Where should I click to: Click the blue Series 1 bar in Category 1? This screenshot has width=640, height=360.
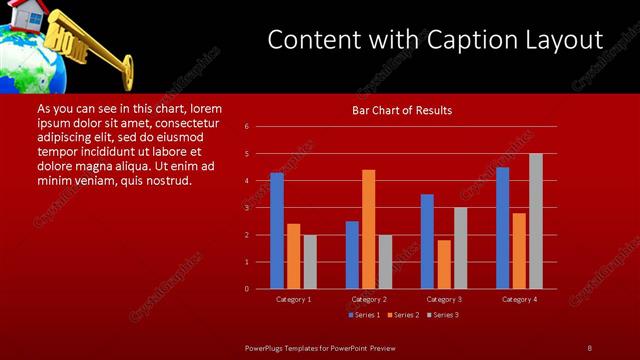pos(277,231)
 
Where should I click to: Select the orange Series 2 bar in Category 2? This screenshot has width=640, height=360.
pos(369,229)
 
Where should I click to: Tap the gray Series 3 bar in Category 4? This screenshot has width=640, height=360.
pos(536,221)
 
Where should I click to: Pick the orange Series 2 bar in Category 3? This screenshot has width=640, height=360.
pos(444,264)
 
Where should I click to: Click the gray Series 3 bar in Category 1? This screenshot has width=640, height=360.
pos(310,262)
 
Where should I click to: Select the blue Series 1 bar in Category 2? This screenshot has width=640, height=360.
pos(352,255)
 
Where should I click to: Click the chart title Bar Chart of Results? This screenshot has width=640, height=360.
pos(402,110)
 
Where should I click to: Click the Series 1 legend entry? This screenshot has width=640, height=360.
pos(363,315)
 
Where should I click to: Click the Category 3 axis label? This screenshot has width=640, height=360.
pos(444,299)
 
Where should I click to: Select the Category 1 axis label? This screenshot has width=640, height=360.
pos(293,299)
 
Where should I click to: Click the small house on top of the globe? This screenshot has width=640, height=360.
pos(30,15)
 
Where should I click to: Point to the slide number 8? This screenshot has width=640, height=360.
pos(589,347)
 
